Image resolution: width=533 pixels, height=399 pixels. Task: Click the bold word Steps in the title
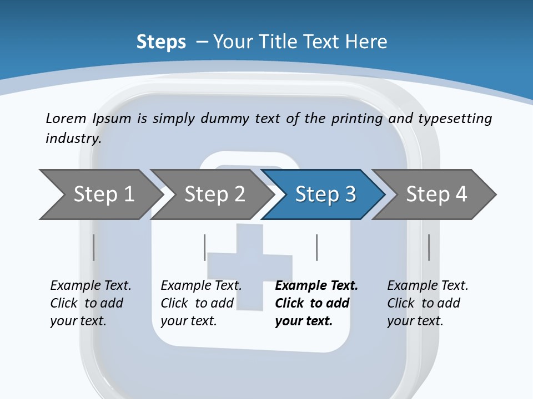coord(161,42)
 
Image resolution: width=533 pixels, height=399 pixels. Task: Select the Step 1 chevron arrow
coord(100,195)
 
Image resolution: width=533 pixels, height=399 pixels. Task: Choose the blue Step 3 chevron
coord(324,195)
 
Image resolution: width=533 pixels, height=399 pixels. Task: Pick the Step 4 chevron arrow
coord(436,195)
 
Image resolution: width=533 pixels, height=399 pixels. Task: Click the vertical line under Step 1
coord(93,247)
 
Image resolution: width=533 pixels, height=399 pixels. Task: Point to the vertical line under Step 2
coord(205,247)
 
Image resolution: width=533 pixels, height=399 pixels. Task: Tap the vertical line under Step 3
coord(316,247)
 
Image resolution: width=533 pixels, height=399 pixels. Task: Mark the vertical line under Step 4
coord(429,247)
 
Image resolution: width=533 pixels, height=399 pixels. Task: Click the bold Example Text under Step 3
coord(316,286)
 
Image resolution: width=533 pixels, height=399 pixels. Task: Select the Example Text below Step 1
coord(90,286)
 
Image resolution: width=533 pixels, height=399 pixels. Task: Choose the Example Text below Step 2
coord(201,286)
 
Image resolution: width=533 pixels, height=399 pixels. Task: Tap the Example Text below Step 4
coord(428,286)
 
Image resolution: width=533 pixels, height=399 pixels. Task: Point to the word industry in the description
coord(73,139)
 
